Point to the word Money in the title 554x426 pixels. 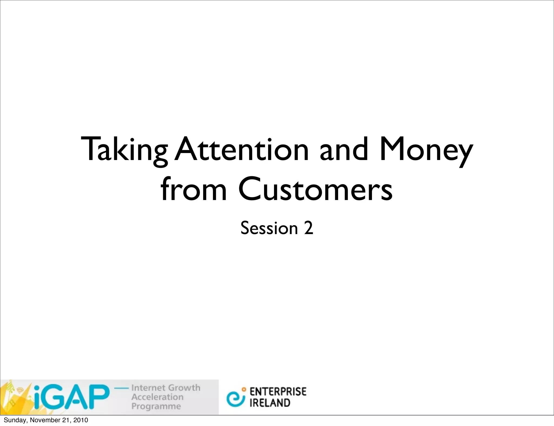pyautogui.click(x=426, y=150)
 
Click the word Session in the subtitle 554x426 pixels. pyautogui.click(x=269, y=228)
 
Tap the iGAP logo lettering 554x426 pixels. pyautogui.click(x=72, y=397)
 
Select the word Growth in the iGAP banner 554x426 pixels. pyautogui.click(x=184, y=388)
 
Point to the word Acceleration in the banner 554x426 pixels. pyautogui.click(x=157, y=397)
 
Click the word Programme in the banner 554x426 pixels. pyautogui.click(x=156, y=406)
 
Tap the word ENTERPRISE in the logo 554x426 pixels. pyautogui.click(x=278, y=391)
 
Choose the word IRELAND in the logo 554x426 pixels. pyautogui.click(x=270, y=403)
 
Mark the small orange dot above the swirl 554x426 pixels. pyautogui.click(x=244, y=390)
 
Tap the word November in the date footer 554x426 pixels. pyautogui.click(x=43, y=420)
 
